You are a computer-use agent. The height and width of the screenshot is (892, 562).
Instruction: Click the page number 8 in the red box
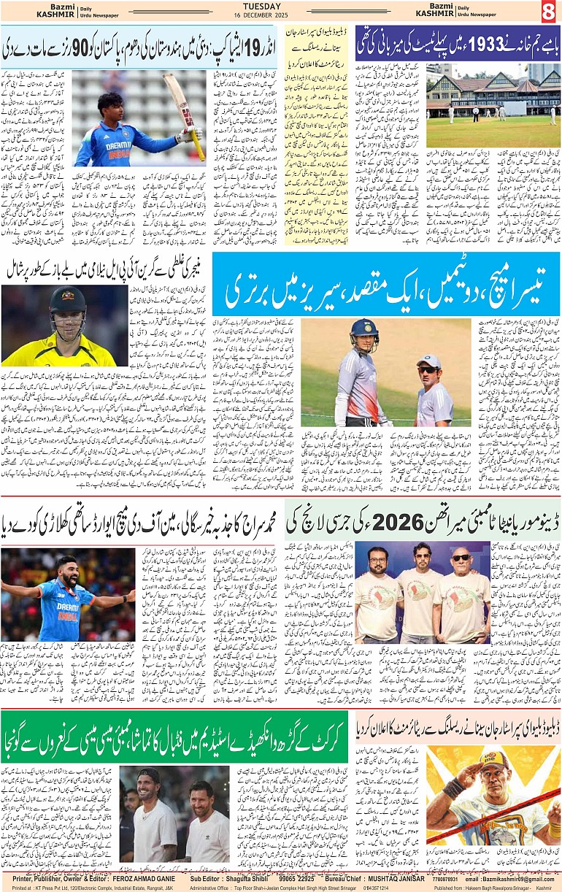point(549,12)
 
